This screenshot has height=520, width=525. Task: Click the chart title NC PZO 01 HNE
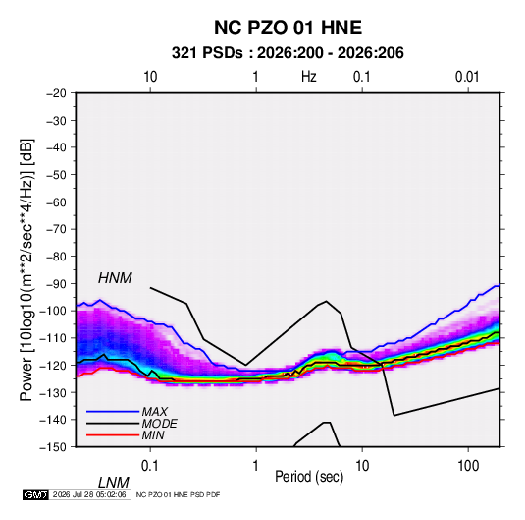point(288,28)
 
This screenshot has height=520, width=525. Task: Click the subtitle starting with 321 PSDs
point(288,53)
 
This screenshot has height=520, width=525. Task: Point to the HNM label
point(115,278)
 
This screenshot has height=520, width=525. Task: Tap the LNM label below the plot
point(114,483)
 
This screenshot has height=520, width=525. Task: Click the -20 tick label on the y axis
point(56,93)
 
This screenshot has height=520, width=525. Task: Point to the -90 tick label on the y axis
point(56,284)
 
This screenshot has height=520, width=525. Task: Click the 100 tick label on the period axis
point(468,466)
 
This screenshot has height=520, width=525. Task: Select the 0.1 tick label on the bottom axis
point(150,466)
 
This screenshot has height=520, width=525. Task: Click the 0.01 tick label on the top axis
point(467,77)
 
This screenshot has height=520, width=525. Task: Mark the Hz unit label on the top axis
point(309,77)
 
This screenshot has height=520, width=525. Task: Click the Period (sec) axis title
point(309,477)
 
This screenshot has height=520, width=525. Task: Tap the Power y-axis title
point(26,270)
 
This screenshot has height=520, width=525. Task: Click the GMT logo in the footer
point(35,494)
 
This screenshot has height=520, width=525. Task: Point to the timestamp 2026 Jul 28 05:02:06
point(89,494)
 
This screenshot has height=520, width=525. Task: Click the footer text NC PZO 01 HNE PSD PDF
point(179,494)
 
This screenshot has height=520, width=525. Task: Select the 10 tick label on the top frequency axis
point(150,77)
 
